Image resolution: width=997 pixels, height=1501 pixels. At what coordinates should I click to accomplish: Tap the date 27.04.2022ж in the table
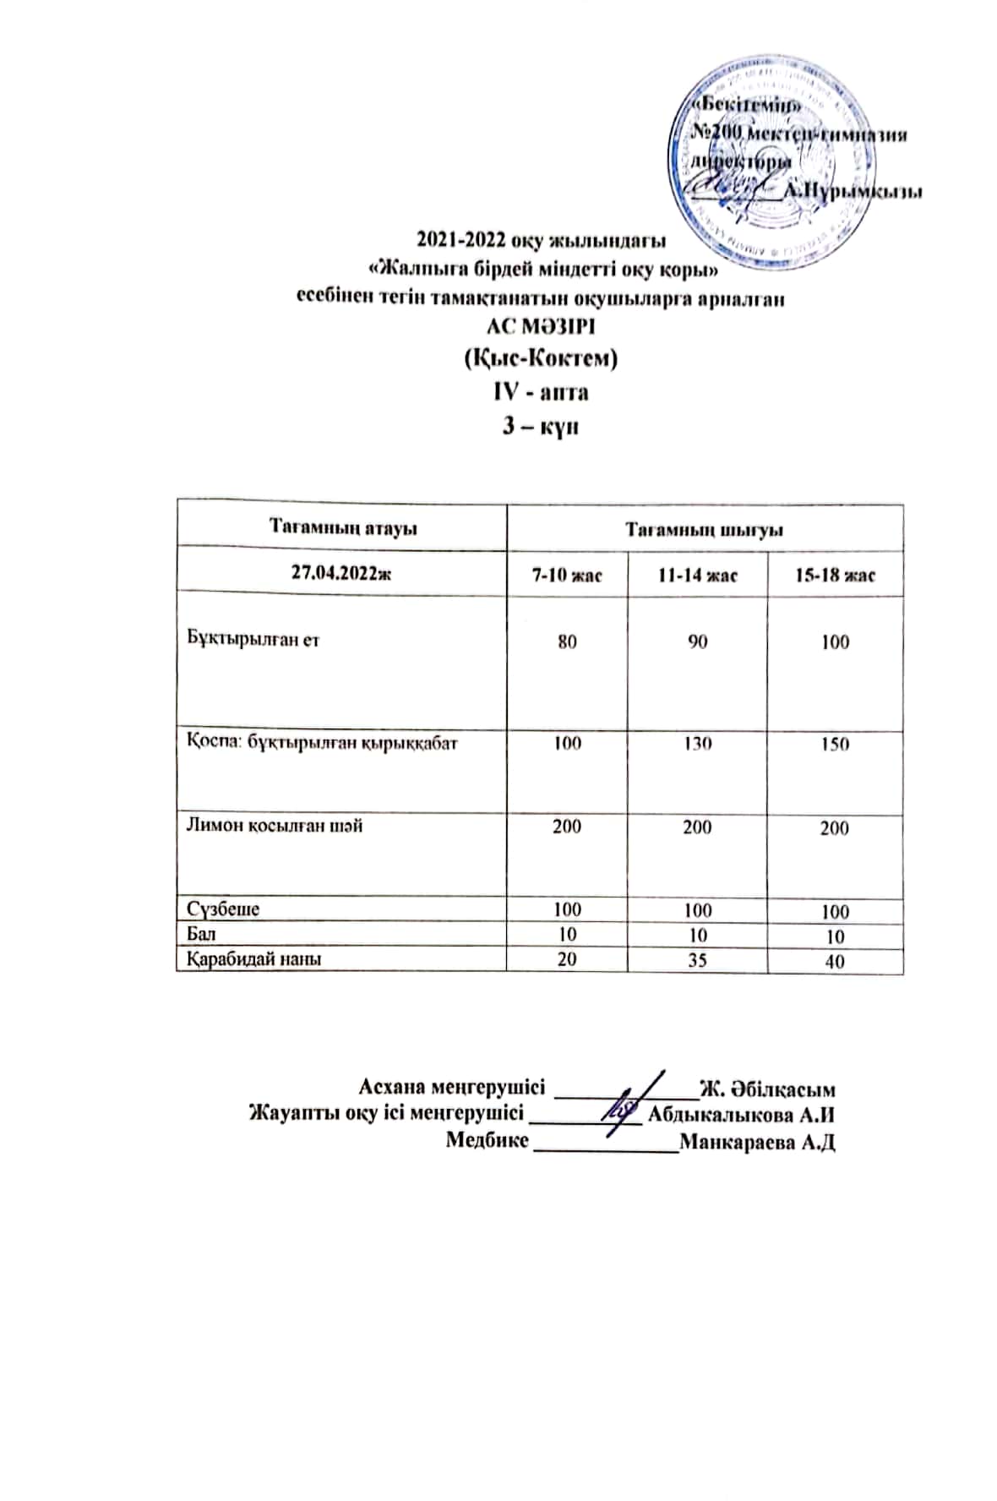[x=341, y=572]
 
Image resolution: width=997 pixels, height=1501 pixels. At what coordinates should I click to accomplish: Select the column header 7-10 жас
[x=566, y=576]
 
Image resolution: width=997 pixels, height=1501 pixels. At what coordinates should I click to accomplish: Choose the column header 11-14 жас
[x=697, y=576]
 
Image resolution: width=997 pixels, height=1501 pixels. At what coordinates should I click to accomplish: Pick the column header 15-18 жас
[x=835, y=576]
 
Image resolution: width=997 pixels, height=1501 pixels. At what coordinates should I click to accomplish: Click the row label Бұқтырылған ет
[x=253, y=639]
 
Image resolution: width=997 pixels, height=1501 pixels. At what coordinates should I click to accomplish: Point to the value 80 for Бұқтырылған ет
[x=567, y=641]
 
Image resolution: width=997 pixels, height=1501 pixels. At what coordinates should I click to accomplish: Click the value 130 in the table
[x=697, y=744]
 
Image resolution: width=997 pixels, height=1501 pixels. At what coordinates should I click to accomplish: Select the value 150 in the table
[x=835, y=745]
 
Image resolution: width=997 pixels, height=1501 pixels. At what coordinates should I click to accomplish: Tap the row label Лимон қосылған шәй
[x=275, y=826]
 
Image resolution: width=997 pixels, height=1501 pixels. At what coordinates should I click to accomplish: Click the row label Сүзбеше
[x=223, y=909]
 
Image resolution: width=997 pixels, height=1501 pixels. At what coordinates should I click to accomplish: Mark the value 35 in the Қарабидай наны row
[x=697, y=960]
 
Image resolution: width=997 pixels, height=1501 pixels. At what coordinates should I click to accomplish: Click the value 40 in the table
[x=835, y=961]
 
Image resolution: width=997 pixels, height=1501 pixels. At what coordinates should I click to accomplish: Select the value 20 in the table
[x=567, y=959]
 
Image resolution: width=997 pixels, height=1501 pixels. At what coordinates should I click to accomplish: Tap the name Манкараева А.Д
[x=757, y=1143]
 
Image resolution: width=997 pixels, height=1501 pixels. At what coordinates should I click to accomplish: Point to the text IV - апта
[x=541, y=392]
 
